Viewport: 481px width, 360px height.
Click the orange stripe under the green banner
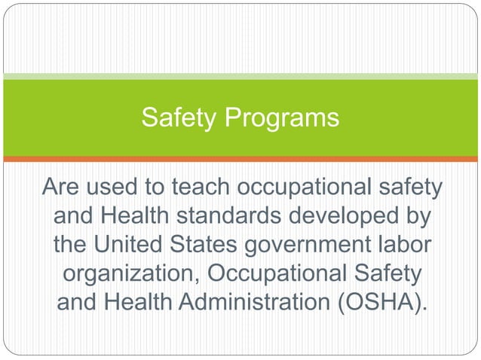point(240,159)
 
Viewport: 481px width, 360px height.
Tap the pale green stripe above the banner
point(240,76)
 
